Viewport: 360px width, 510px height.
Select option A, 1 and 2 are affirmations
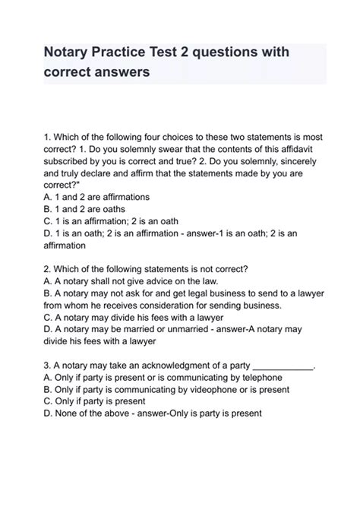coord(97,196)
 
